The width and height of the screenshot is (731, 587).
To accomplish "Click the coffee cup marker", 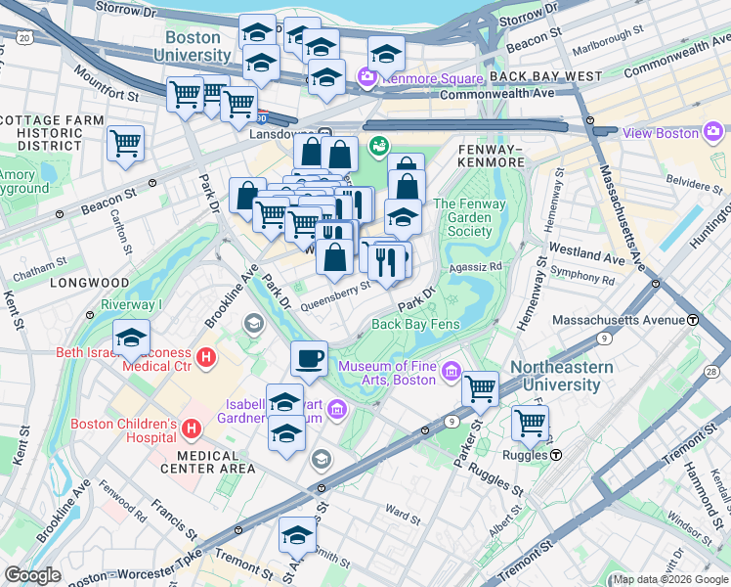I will [309, 358].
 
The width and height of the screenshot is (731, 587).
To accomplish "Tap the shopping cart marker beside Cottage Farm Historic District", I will [125, 144].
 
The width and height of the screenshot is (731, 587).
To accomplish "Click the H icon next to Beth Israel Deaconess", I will [206, 358].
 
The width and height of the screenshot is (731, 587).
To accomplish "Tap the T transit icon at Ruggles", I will [555, 454].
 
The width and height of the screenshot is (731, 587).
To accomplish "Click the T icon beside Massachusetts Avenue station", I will [692, 320].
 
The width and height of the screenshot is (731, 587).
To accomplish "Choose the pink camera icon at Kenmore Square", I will [367, 76].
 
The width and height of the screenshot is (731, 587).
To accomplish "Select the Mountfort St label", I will [108, 92].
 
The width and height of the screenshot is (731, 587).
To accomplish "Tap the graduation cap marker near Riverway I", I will [131, 339].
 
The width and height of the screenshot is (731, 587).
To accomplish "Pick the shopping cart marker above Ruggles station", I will [530, 424].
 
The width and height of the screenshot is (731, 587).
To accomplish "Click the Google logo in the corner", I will [33, 575].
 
